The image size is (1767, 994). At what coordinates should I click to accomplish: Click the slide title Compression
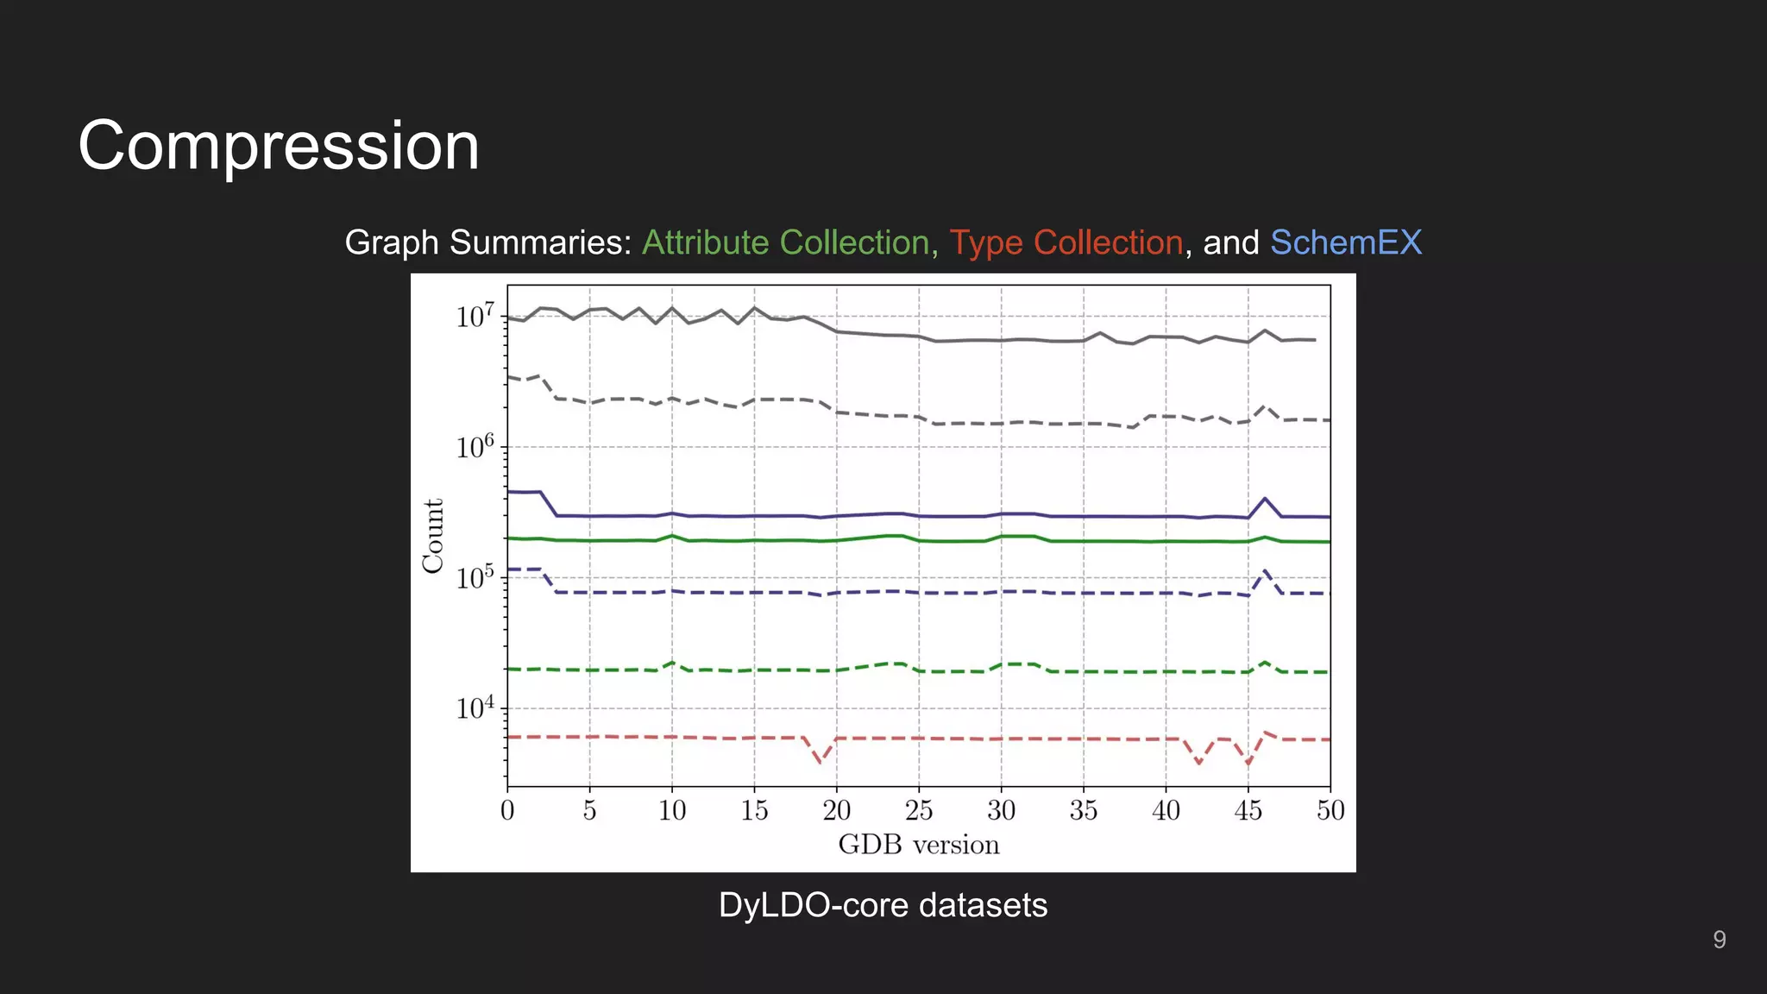point(278,146)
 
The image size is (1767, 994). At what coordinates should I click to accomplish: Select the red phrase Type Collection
point(1066,242)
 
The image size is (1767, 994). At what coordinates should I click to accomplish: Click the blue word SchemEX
point(1345,242)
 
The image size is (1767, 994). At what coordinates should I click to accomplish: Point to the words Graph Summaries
point(488,242)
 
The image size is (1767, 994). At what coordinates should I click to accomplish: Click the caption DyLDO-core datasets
point(883,905)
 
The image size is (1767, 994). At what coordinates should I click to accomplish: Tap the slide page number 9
point(1719,940)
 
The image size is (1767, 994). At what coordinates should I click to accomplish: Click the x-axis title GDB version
point(918,845)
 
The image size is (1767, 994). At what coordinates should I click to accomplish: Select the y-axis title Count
point(433,535)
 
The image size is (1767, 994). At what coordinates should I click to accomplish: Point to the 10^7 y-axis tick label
point(475,316)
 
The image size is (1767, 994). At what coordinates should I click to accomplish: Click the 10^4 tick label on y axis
point(475,708)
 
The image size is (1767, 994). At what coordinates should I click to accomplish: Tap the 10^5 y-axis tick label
point(475,576)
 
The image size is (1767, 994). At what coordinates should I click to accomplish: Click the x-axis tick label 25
point(919,810)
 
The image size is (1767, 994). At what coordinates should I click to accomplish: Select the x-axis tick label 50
point(1330,810)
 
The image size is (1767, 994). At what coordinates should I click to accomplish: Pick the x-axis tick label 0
point(507,810)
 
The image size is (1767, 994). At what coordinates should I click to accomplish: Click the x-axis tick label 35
point(1084,810)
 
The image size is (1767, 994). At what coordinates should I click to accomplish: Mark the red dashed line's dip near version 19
point(821,762)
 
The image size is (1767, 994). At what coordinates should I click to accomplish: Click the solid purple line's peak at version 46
point(1265,498)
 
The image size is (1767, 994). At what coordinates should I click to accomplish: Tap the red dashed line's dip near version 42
point(1198,763)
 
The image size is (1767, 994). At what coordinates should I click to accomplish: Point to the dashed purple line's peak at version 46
point(1265,570)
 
